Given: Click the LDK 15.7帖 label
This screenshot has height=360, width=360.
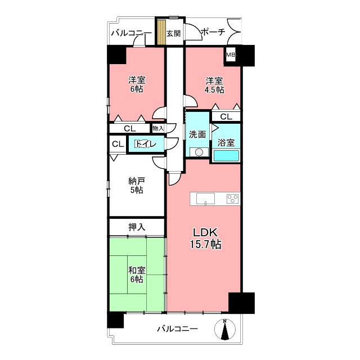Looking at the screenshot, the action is (205, 238).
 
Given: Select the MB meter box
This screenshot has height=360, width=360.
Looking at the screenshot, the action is (231, 55).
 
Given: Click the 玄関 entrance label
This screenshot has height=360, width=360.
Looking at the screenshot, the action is (173, 34).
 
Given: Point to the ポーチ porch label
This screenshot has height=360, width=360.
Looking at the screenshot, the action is (213, 32).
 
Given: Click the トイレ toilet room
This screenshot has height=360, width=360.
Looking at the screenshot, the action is (146, 144).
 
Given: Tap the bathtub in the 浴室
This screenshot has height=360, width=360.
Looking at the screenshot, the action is (226, 156).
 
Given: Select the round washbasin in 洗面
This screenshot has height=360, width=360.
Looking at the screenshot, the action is (199, 152).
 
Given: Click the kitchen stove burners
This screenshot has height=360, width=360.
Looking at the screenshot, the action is (232, 199).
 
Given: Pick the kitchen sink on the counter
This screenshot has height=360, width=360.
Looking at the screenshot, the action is (205, 199).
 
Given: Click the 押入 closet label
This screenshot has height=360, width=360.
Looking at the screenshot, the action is (137, 227).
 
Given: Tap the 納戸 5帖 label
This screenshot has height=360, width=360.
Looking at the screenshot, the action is (137, 186).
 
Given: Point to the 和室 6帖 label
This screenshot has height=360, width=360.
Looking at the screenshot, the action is (137, 275).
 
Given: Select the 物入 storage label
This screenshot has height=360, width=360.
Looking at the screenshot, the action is (159, 128).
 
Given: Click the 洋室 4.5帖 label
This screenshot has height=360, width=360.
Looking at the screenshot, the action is (214, 85).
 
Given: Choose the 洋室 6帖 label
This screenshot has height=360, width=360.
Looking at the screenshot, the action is (137, 84).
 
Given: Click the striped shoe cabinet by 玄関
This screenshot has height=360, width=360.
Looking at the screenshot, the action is (161, 32).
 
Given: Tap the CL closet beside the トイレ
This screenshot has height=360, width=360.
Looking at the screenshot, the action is (118, 144).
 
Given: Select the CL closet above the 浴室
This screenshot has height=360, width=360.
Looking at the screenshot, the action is (226, 116).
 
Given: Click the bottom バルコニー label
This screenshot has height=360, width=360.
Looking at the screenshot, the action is (178, 329).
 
